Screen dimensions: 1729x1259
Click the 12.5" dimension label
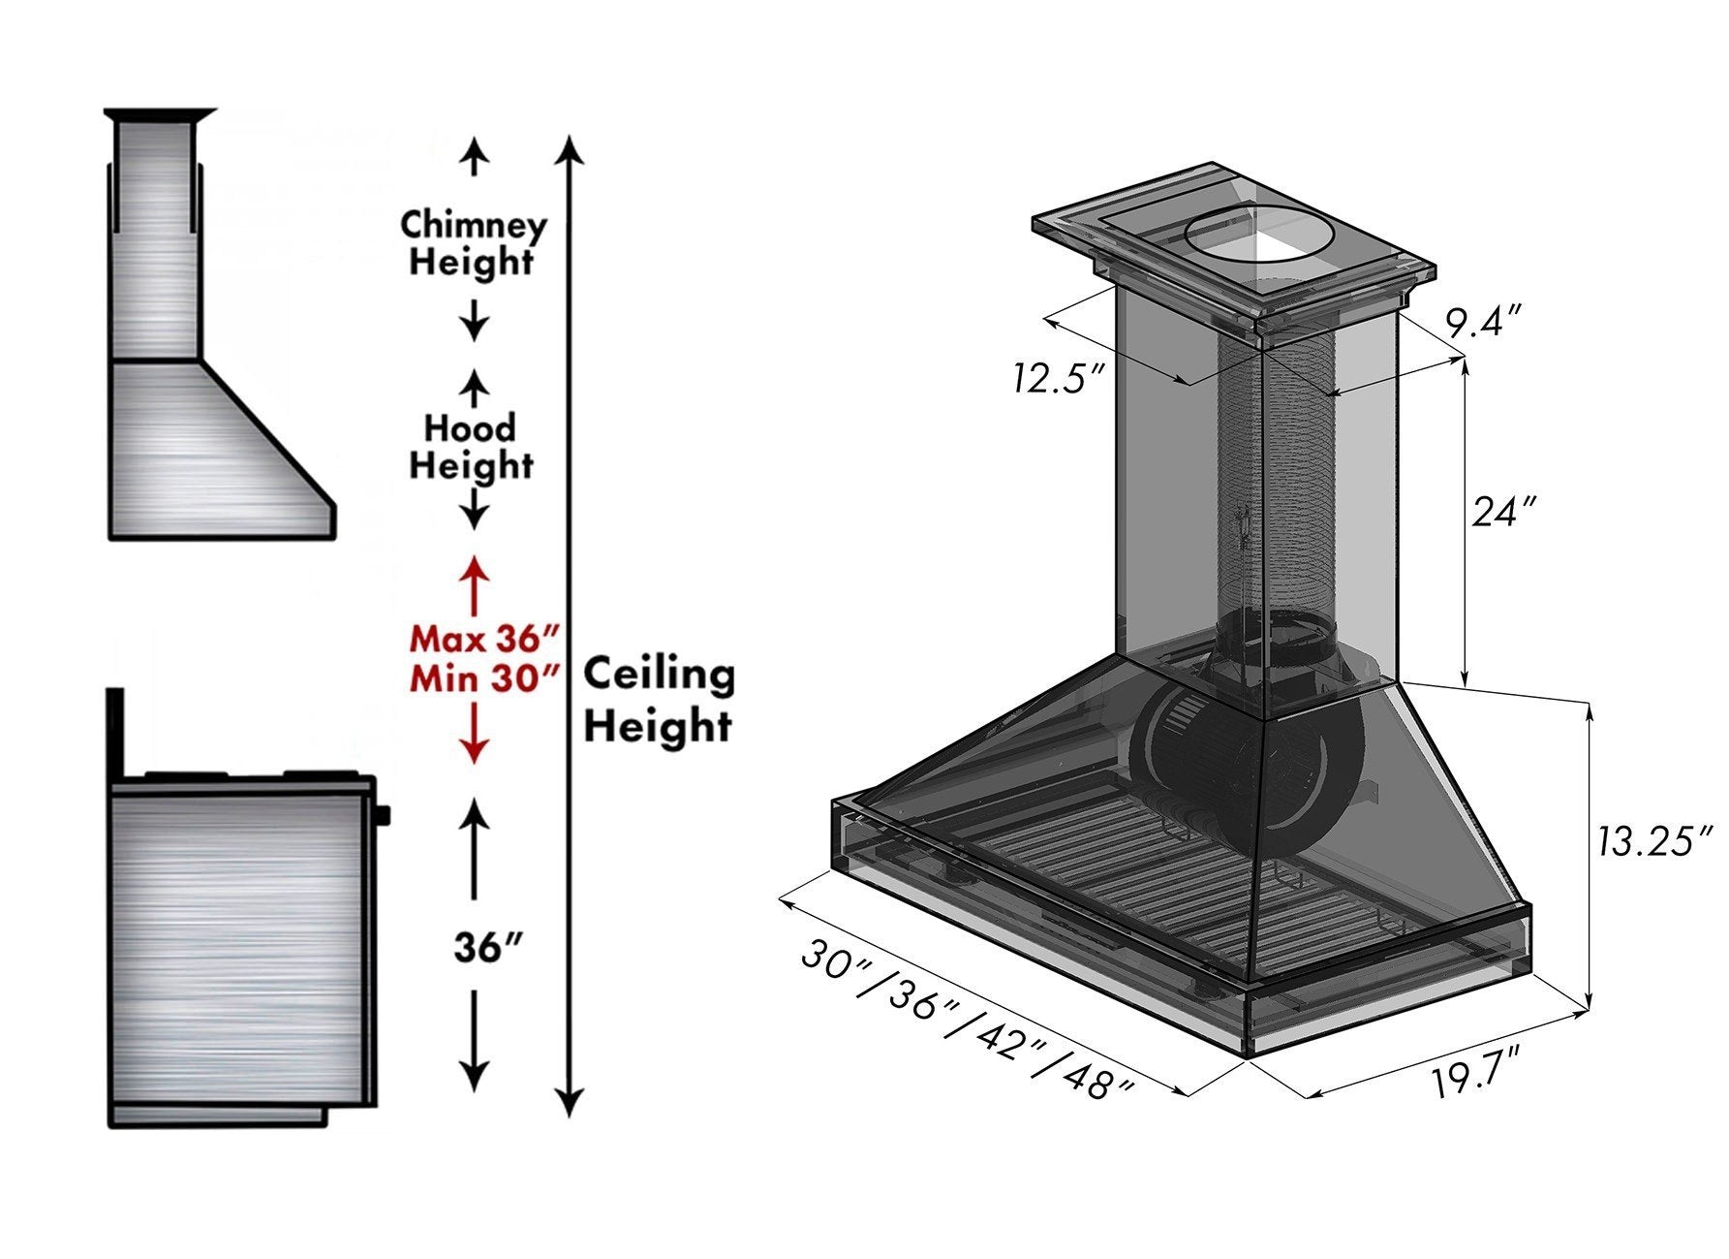tap(1059, 378)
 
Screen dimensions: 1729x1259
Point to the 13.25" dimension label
tap(1654, 841)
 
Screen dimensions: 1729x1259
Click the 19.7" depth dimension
tap(1483, 1076)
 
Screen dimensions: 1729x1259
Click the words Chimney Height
tap(473, 242)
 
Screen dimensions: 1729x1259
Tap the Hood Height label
tap(471, 446)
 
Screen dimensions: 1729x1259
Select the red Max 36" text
tap(484, 640)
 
